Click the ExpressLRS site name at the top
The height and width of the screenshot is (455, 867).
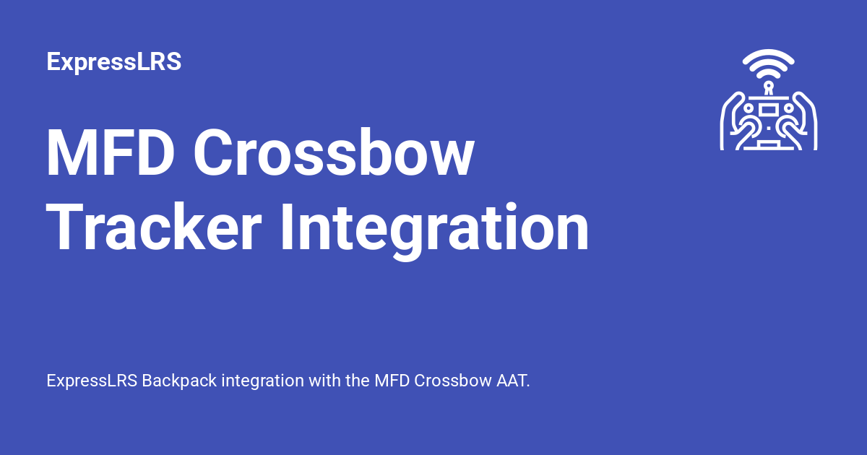pos(113,62)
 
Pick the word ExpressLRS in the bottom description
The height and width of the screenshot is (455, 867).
pos(92,381)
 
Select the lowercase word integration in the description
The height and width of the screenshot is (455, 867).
pos(263,381)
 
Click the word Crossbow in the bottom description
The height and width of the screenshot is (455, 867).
pos(453,381)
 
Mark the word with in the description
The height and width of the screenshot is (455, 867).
pos(324,381)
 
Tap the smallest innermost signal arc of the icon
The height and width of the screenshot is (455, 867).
pos(768,74)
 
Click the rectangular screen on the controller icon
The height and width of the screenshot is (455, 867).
pos(768,109)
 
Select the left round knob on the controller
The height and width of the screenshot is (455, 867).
pos(749,108)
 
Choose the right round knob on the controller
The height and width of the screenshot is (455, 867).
pos(788,108)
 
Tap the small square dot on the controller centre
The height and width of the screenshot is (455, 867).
pos(768,128)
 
